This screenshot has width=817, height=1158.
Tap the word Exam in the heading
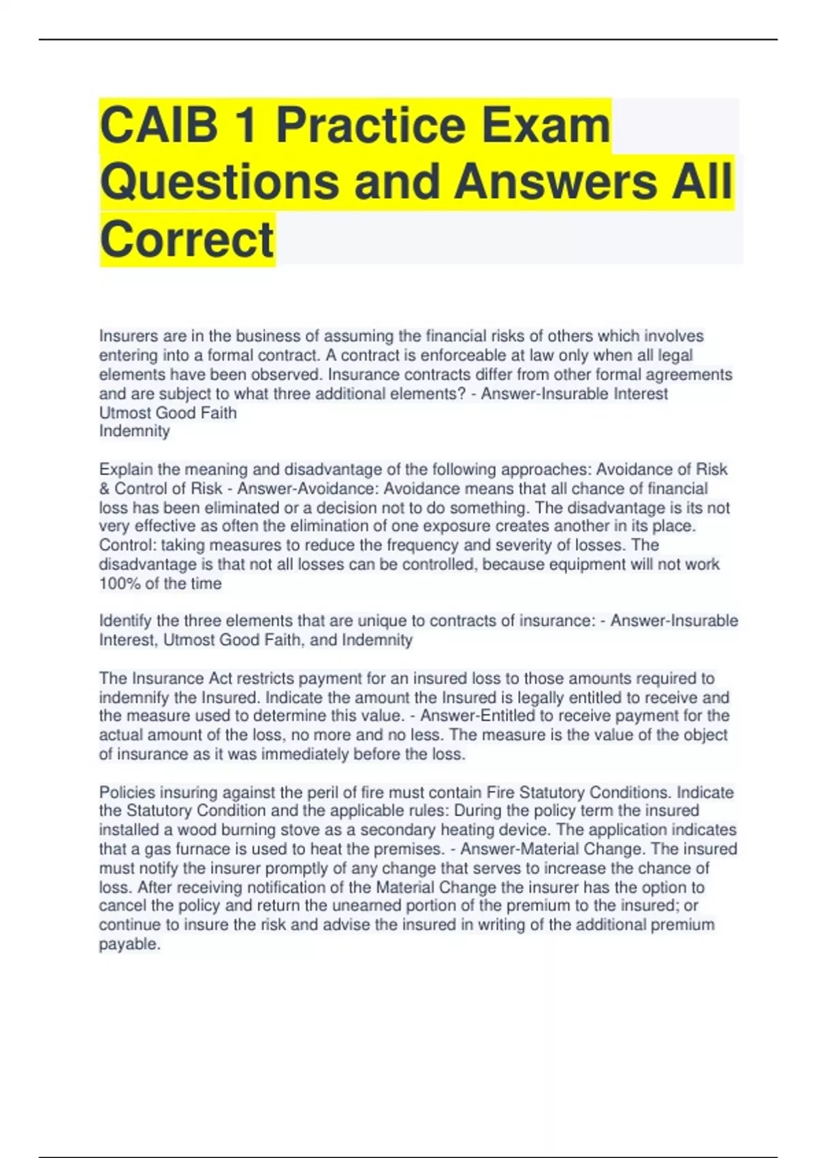(536, 125)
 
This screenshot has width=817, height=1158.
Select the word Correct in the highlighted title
(187, 239)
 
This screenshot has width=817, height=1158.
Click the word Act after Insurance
(218, 678)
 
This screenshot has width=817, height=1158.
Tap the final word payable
(129, 944)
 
